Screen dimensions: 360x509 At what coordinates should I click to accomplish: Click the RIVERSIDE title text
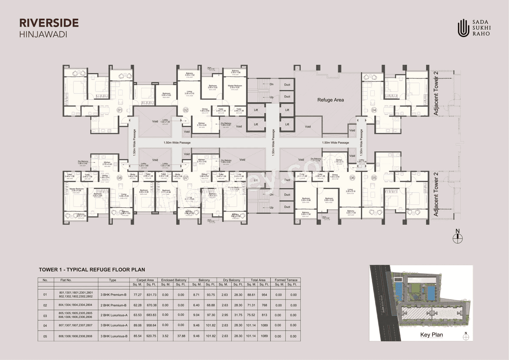[x=49, y=23]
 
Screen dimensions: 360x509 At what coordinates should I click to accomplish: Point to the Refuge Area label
[x=330, y=100]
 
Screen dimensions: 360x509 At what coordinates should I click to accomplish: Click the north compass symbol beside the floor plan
[x=458, y=237]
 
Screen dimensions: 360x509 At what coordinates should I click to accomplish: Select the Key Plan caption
[x=431, y=335]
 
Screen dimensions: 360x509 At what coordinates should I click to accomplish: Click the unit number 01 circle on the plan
[x=119, y=110]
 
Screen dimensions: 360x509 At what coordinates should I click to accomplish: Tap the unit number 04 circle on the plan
[x=374, y=110]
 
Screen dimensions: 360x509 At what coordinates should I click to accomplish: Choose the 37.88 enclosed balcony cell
[x=181, y=336]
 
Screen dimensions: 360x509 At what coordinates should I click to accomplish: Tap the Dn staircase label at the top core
[x=271, y=84]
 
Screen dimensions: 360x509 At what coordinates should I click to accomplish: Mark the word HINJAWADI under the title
[x=43, y=34]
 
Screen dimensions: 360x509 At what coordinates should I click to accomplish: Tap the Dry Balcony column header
[x=232, y=280]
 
